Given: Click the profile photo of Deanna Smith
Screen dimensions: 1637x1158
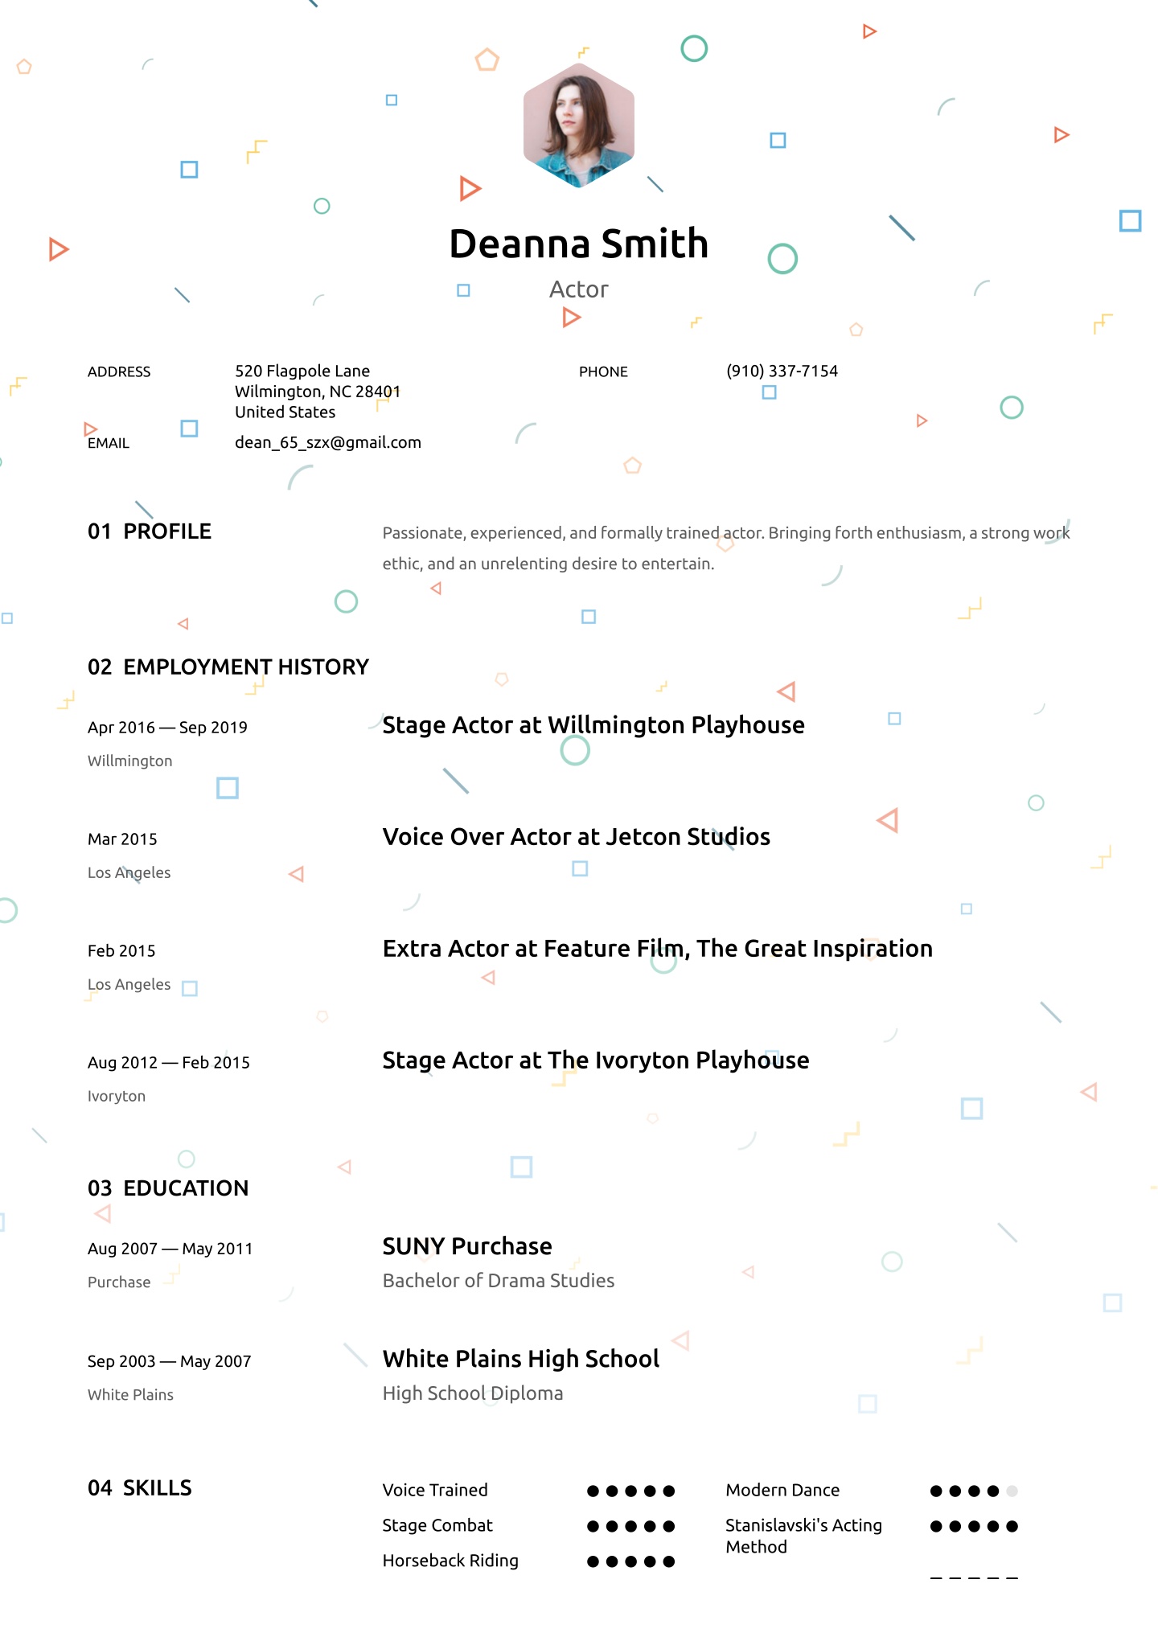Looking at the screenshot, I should click(x=579, y=125).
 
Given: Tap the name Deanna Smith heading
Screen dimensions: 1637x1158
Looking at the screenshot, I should click(x=579, y=244).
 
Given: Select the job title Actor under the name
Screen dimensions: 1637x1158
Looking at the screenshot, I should click(x=579, y=289).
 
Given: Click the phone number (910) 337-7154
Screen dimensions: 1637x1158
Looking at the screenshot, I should click(x=782, y=371).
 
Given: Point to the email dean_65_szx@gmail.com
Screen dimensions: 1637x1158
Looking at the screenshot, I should click(x=327, y=442).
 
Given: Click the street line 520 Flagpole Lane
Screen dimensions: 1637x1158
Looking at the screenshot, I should click(x=302, y=371).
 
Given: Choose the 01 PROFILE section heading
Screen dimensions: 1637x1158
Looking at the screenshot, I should click(x=150, y=531).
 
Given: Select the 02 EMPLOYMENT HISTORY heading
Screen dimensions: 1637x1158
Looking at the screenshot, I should click(x=228, y=667).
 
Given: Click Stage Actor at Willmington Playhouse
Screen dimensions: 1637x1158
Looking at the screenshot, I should click(x=593, y=725).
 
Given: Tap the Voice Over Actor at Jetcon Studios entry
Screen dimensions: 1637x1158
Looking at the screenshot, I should click(x=576, y=837).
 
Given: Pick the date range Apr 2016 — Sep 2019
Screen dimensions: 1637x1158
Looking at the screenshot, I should click(x=167, y=728).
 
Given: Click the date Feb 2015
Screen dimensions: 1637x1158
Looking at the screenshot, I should click(x=121, y=951).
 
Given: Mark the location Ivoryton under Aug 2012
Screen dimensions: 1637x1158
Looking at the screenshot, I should click(x=117, y=1096).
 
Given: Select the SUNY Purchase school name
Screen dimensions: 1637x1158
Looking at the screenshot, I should click(x=467, y=1246).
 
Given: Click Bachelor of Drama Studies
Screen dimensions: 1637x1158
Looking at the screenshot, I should click(x=499, y=1281).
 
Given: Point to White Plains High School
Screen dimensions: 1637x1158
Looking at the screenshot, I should click(x=521, y=1359).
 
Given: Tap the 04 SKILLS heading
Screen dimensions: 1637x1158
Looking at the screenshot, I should click(x=140, y=1488).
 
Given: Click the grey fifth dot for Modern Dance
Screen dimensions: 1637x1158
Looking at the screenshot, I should click(x=1012, y=1491).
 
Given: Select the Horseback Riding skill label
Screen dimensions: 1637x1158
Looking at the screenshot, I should click(x=450, y=1561).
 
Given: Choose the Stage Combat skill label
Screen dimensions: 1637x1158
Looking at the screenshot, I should click(x=437, y=1525).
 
